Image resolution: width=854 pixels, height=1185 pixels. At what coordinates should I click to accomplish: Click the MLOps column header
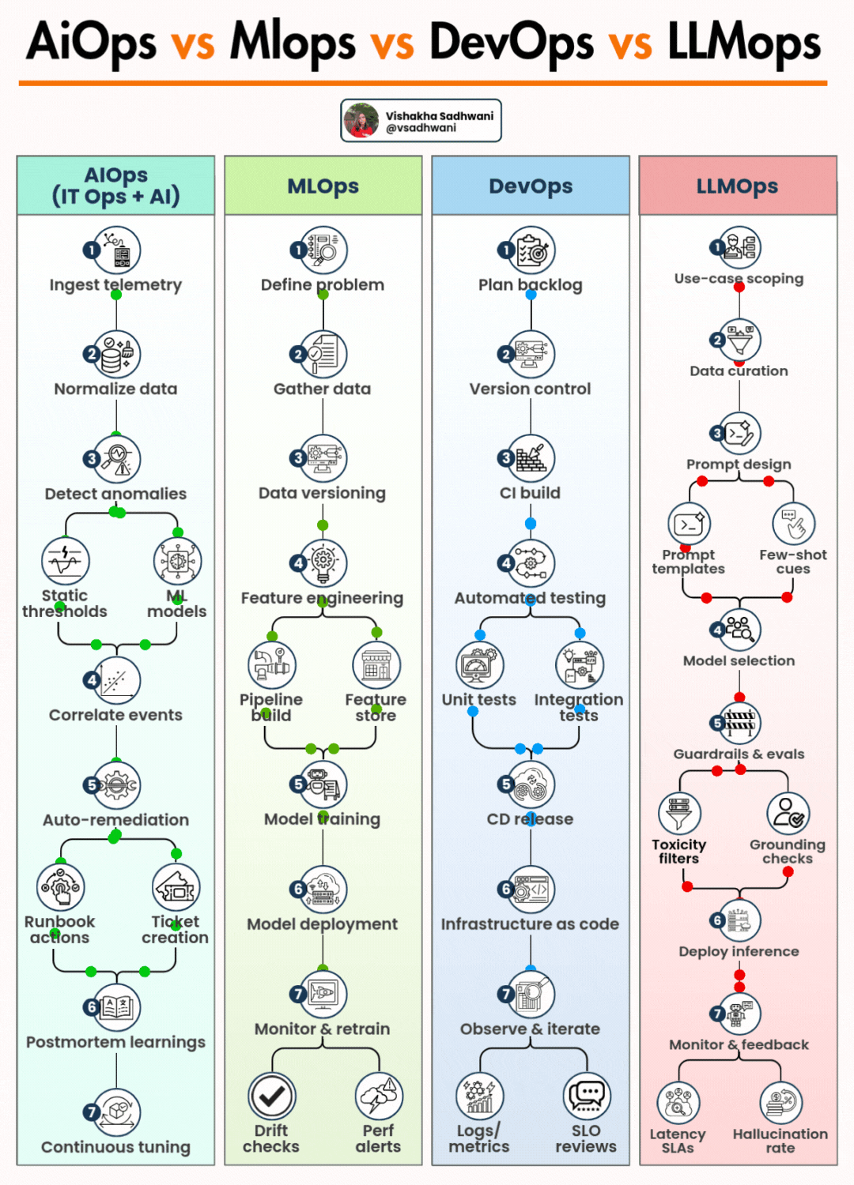tap(323, 186)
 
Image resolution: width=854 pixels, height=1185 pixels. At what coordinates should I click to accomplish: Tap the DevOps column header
tap(531, 186)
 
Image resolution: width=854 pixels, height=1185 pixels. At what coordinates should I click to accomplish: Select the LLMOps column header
tap(737, 186)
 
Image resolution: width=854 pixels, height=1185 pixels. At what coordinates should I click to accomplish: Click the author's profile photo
tap(361, 120)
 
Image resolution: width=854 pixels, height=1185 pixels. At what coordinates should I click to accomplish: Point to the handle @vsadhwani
tap(421, 128)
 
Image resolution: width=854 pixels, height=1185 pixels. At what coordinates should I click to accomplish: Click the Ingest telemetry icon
tap(117, 250)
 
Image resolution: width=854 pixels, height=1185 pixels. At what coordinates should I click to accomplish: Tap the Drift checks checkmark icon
tap(272, 1096)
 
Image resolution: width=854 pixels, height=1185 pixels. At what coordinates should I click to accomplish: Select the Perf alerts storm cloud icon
tap(380, 1096)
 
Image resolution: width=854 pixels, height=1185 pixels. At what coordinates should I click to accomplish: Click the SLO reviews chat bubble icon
tap(587, 1096)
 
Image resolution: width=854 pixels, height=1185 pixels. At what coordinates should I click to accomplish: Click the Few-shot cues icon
tap(793, 524)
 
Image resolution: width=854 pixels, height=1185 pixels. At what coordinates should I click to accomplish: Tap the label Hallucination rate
tap(780, 1141)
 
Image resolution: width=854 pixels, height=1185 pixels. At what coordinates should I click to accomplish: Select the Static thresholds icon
tap(65, 560)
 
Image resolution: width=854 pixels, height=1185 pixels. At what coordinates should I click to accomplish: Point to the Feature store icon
tap(376, 665)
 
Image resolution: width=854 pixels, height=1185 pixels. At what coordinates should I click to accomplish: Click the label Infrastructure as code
tap(530, 924)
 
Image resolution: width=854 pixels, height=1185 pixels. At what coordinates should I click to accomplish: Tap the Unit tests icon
tap(479, 665)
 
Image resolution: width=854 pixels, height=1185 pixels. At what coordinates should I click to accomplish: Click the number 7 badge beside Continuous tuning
tap(92, 1112)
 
